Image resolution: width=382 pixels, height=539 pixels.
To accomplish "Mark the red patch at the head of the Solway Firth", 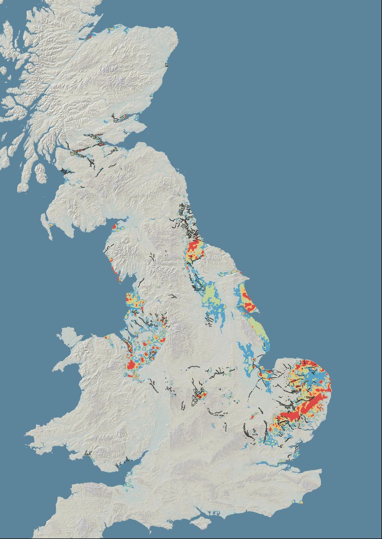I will (x=114, y=227).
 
